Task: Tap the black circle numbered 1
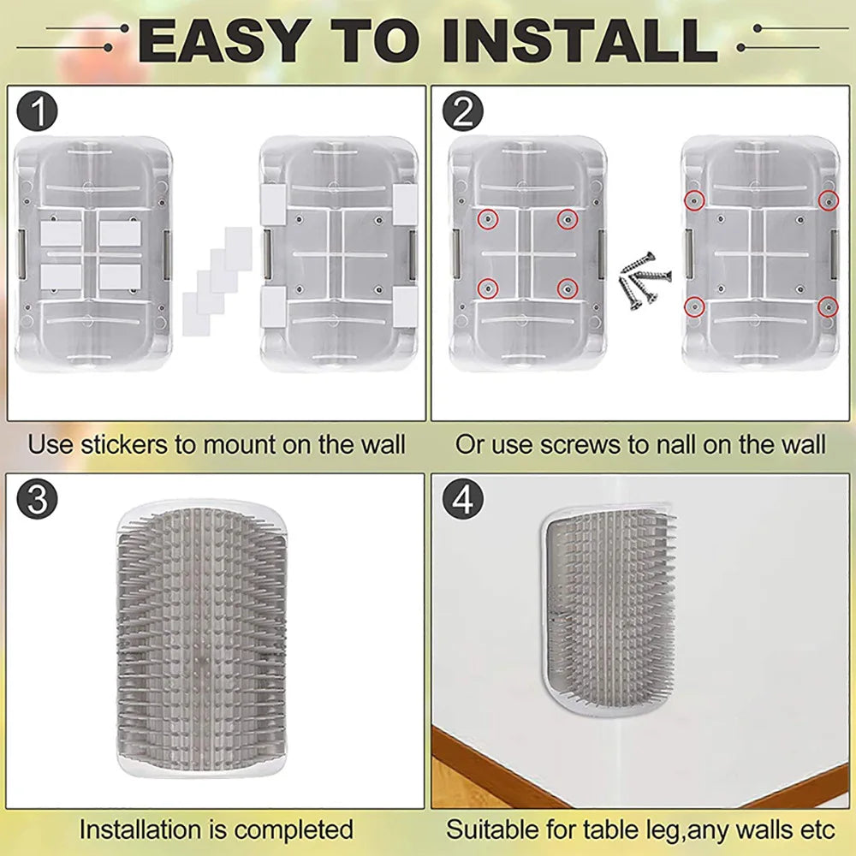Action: coord(37,112)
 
